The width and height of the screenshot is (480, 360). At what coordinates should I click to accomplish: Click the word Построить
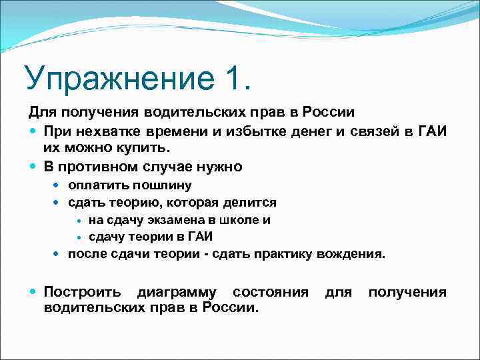82,292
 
